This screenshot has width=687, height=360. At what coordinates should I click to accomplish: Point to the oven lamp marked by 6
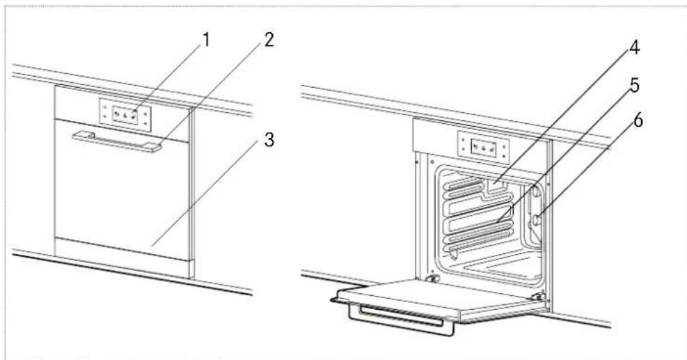[538, 220]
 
